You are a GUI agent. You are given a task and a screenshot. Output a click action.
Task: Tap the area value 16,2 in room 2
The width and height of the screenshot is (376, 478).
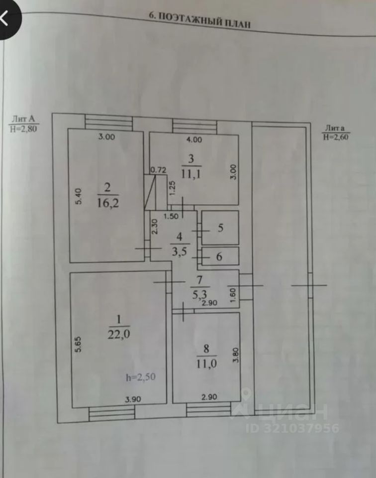108,203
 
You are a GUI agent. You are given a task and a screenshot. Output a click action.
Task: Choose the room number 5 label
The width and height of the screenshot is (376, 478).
221,228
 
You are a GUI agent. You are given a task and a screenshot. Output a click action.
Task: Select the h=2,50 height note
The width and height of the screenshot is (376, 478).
141,376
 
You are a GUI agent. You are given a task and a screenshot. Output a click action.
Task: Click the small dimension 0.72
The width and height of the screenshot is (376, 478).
158,170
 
